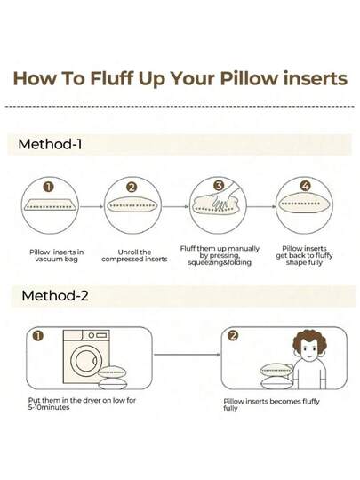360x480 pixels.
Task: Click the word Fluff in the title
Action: (112, 79)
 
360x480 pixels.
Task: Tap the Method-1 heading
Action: (50, 144)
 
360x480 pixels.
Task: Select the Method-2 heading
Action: (55, 296)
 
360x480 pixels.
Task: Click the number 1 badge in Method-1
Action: (48, 187)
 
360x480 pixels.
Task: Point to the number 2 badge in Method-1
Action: (132, 187)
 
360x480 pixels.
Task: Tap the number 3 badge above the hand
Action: (219, 186)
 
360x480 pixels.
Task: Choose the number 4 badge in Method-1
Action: (305, 186)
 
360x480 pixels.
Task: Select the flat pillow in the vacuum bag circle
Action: (50, 205)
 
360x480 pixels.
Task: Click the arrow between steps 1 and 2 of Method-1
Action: (92, 207)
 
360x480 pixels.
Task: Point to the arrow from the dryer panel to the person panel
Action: (187, 355)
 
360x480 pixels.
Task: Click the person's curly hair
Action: (309, 340)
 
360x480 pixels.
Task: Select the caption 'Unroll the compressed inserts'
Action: (134, 256)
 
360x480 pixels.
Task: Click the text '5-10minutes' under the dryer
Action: (49, 407)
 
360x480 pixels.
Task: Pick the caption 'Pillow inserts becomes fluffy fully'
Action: (271, 404)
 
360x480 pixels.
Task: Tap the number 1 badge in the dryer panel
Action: (38, 336)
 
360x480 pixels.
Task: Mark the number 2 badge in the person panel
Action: (233, 336)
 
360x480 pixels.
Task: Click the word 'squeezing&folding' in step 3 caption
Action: (220, 262)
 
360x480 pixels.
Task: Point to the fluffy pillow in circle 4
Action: (304, 204)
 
